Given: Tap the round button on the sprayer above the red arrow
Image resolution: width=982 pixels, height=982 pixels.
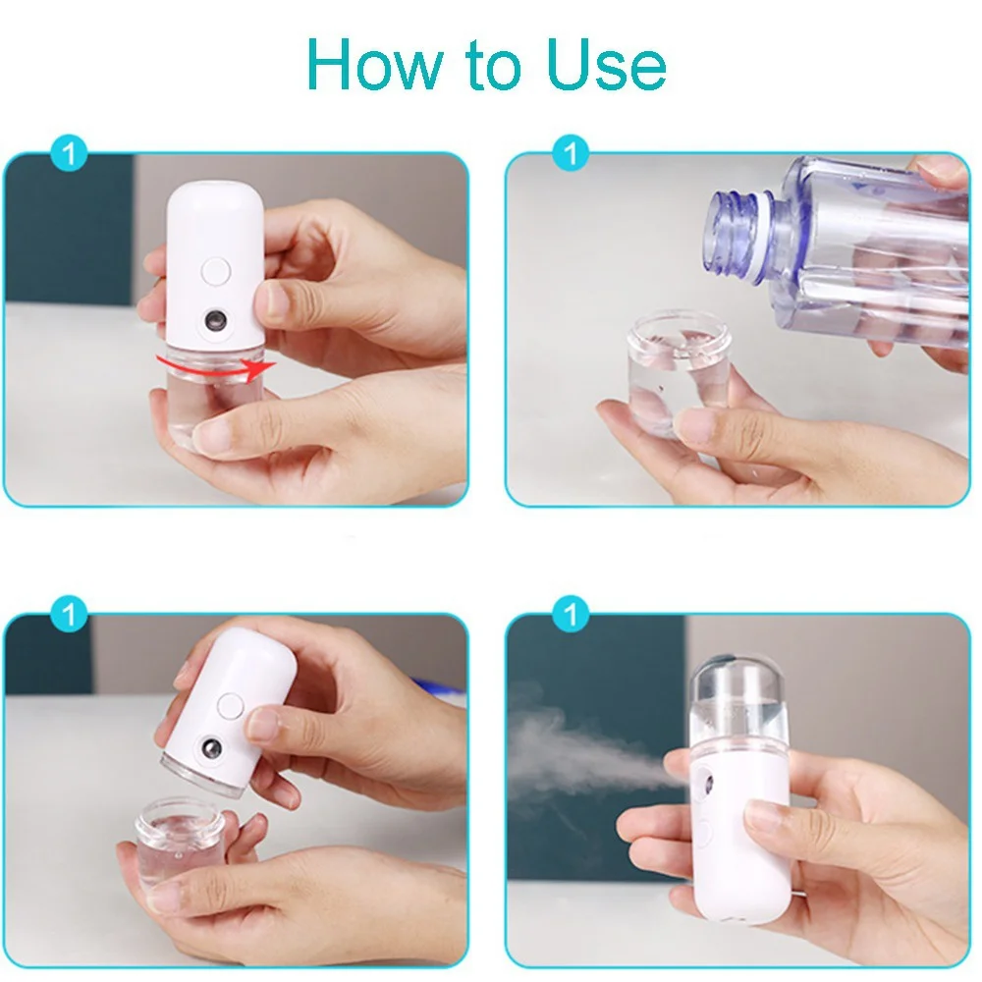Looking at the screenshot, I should coord(216,270).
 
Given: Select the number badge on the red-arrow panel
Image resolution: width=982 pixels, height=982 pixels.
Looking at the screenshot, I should coord(69,154).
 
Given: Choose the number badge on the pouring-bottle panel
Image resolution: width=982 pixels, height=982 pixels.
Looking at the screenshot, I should coord(571,154).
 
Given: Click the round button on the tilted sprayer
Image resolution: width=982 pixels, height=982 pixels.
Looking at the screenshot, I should coord(230,705).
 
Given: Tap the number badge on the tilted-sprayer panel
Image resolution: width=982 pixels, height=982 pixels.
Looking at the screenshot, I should coord(69,616).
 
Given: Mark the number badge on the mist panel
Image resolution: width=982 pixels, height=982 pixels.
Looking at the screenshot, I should coord(571,616).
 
